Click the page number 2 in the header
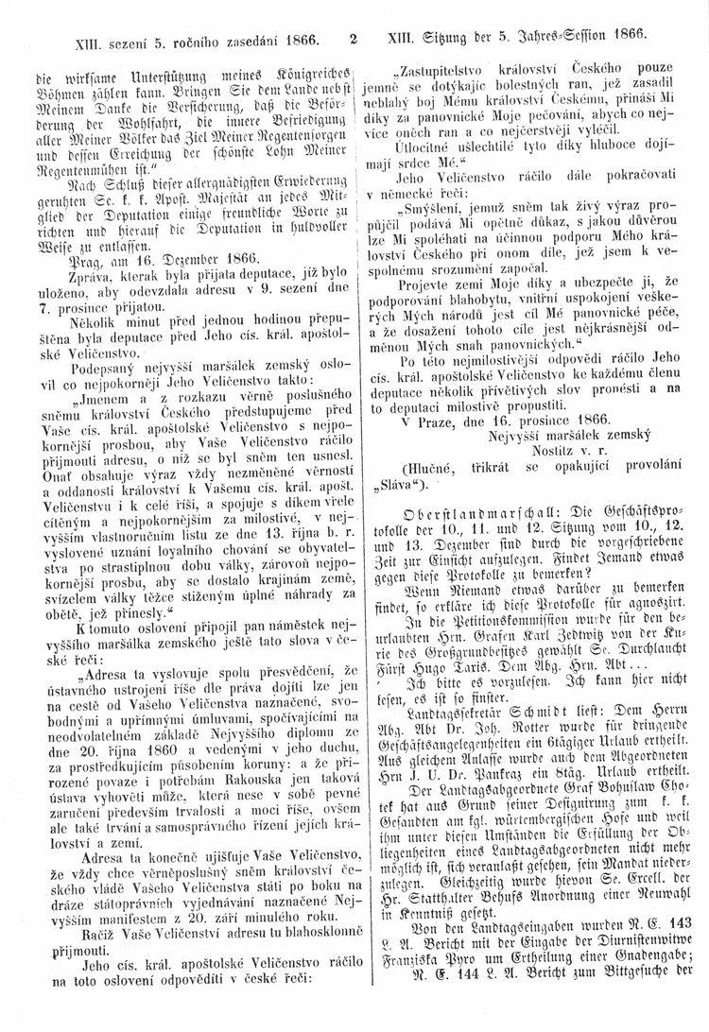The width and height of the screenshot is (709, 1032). coord(352,41)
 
